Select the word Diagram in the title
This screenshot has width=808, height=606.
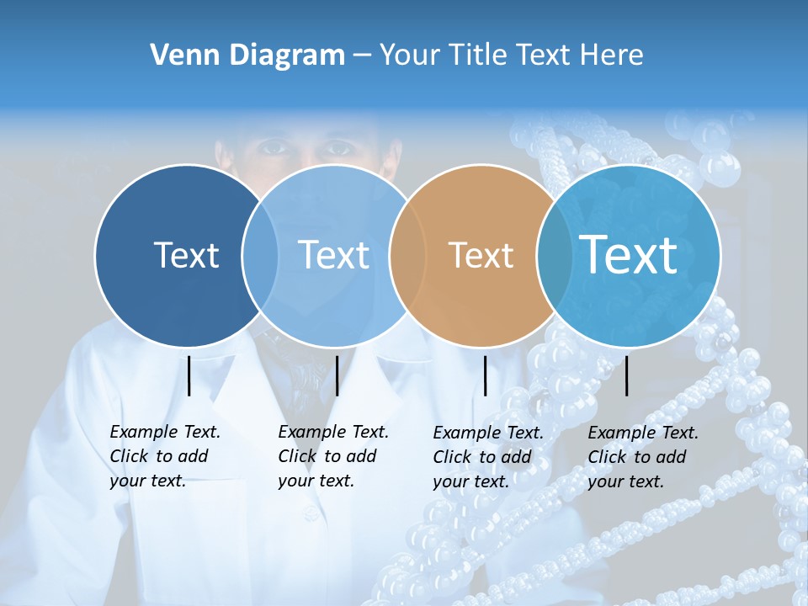pos(286,56)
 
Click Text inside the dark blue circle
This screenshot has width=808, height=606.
pos(186,255)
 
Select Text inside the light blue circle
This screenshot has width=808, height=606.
pos(334,255)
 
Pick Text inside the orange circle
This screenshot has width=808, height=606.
pos(481,255)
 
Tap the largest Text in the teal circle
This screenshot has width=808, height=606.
pos(629,254)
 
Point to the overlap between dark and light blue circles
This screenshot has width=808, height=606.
pos(260,255)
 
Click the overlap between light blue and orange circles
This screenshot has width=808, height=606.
pos(400,255)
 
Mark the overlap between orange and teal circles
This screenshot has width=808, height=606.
pos(548,255)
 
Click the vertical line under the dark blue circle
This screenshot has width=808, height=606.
pos(189,375)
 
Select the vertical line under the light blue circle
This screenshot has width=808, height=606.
pos(337,375)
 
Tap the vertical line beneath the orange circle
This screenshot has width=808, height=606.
pos(486,375)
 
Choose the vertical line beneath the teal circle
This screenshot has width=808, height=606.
pos(627,375)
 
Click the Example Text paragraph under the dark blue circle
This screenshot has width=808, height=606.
pos(164,456)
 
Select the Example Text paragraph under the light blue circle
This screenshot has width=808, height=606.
pos(332,456)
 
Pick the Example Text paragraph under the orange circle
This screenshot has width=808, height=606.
pos(487,457)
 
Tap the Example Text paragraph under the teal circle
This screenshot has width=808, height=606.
pos(642,457)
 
